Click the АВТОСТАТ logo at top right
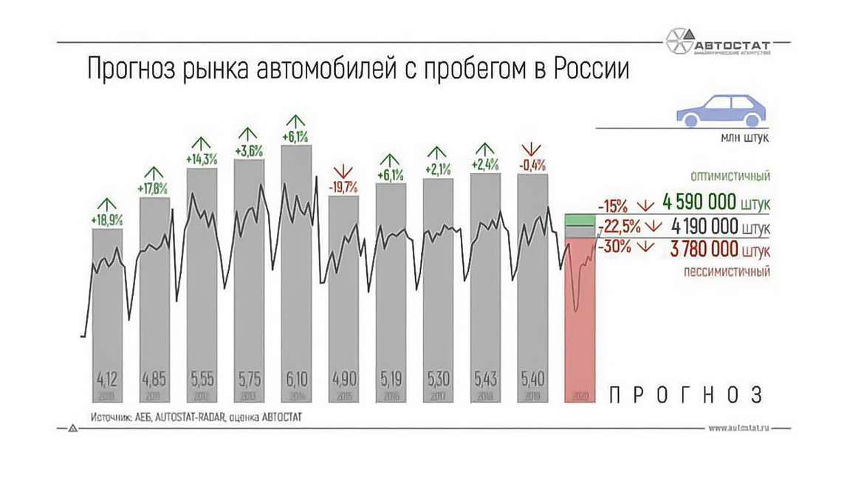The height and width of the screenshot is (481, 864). tap(717, 41)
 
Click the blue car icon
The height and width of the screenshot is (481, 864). tap(719, 112)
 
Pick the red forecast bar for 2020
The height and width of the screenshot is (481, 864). tap(579, 318)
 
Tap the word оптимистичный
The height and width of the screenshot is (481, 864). tap(730, 177)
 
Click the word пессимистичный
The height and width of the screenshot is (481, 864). tap(726, 271)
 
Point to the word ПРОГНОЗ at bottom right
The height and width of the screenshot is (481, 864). tap(686, 395)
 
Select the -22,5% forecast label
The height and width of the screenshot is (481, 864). tap(616, 226)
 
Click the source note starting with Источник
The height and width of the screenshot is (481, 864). tap(196, 417)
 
